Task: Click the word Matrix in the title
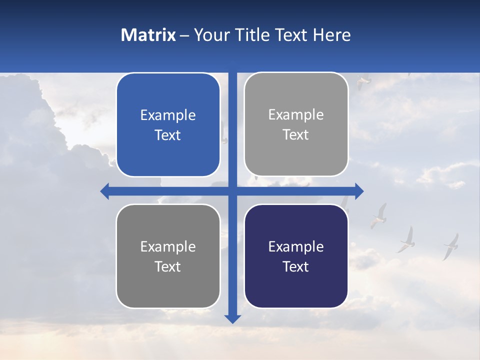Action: pos(148,35)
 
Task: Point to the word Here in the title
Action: pos(332,35)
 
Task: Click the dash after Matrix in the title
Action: pos(184,35)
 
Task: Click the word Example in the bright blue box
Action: pos(168,115)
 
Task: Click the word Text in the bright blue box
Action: pos(168,135)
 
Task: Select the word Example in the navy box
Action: pos(296,246)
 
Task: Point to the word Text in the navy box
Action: pos(296,266)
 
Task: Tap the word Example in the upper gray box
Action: pos(296,114)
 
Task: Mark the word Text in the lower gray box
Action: pos(168,266)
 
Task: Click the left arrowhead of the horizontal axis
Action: pos(105,191)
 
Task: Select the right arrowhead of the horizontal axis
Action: pos(359,191)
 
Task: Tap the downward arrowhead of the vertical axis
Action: pos(232,318)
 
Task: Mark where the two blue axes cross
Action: pos(232,191)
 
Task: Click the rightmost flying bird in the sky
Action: pos(451,246)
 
